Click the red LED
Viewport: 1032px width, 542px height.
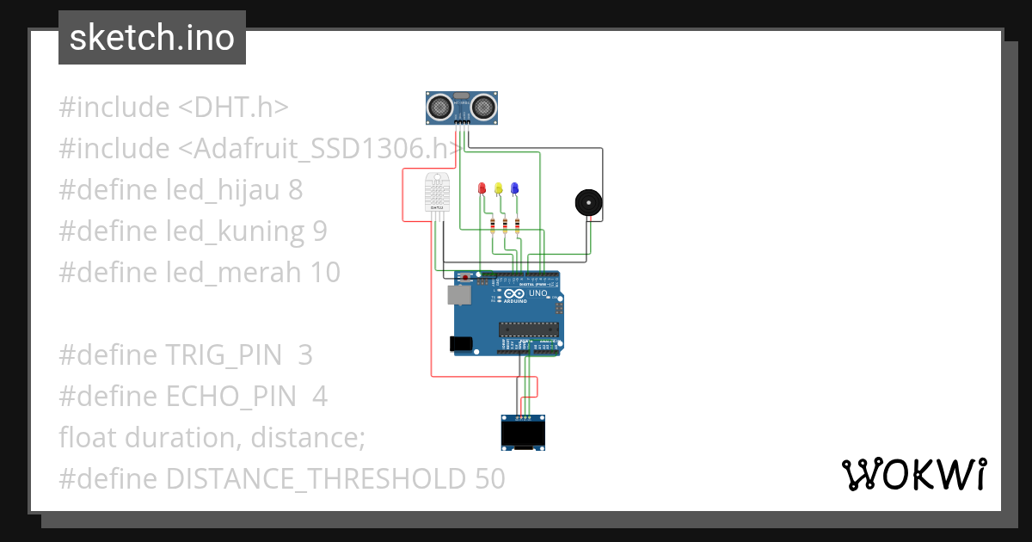[x=482, y=188]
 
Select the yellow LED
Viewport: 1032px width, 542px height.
[x=499, y=188]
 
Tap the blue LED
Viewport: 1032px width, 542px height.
[x=514, y=188]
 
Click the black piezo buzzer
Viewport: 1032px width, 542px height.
[x=588, y=204]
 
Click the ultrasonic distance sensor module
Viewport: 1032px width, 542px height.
[x=463, y=107]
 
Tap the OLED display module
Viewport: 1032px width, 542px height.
[x=524, y=432]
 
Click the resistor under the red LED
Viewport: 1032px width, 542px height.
[x=492, y=225]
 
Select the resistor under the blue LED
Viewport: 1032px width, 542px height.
[x=518, y=225]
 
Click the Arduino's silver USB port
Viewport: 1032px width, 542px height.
[x=458, y=295]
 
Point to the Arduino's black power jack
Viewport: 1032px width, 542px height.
[x=462, y=343]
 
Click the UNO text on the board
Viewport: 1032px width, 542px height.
[x=537, y=293]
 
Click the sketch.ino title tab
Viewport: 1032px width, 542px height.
[x=151, y=38]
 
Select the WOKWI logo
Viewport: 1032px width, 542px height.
[x=912, y=474]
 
